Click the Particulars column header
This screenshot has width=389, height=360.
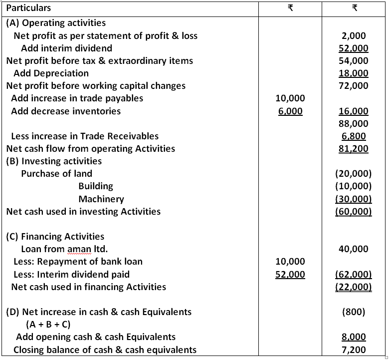pyautogui.click(x=28, y=8)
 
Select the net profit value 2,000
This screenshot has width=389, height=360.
pyautogui.click(x=354, y=36)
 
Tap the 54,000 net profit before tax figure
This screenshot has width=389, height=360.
pyautogui.click(x=354, y=61)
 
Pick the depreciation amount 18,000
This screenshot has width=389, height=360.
pyautogui.click(x=354, y=73)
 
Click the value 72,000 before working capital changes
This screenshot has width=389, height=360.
pyautogui.click(x=354, y=86)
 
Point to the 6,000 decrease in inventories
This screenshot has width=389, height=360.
pyautogui.click(x=290, y=111)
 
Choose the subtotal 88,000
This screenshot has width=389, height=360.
pyautogui.click(x=354, y=123)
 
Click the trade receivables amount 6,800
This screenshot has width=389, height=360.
pyautogui.click(x=354, y=136)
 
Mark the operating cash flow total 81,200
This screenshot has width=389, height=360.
pyautogui.click(x=354, y=148)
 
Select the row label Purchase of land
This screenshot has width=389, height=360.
pyautogui.click(x=56, y=174)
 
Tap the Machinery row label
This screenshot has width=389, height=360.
pyautogui.click(x=101, y=199)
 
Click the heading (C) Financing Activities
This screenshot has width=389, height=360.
pyautogui.click(x=55, y=237)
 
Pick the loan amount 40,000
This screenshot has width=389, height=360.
pyautogui.click(x=354, y=249)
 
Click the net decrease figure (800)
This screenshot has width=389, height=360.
pyautogui.click(x=354, y=312)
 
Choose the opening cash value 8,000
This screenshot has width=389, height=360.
pyautogui.click(x=354, y=337)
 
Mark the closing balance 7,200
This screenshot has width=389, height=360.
pyautogui.click(x=354, y=350)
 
